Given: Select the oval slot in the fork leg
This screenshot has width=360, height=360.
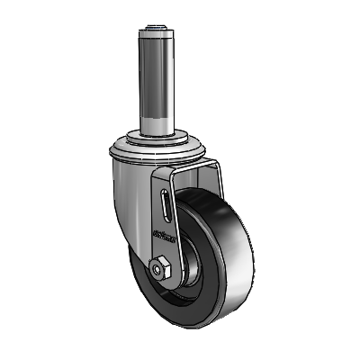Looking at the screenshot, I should tap(166, 202).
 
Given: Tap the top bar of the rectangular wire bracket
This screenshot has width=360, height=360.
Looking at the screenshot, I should tap(193, 165).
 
